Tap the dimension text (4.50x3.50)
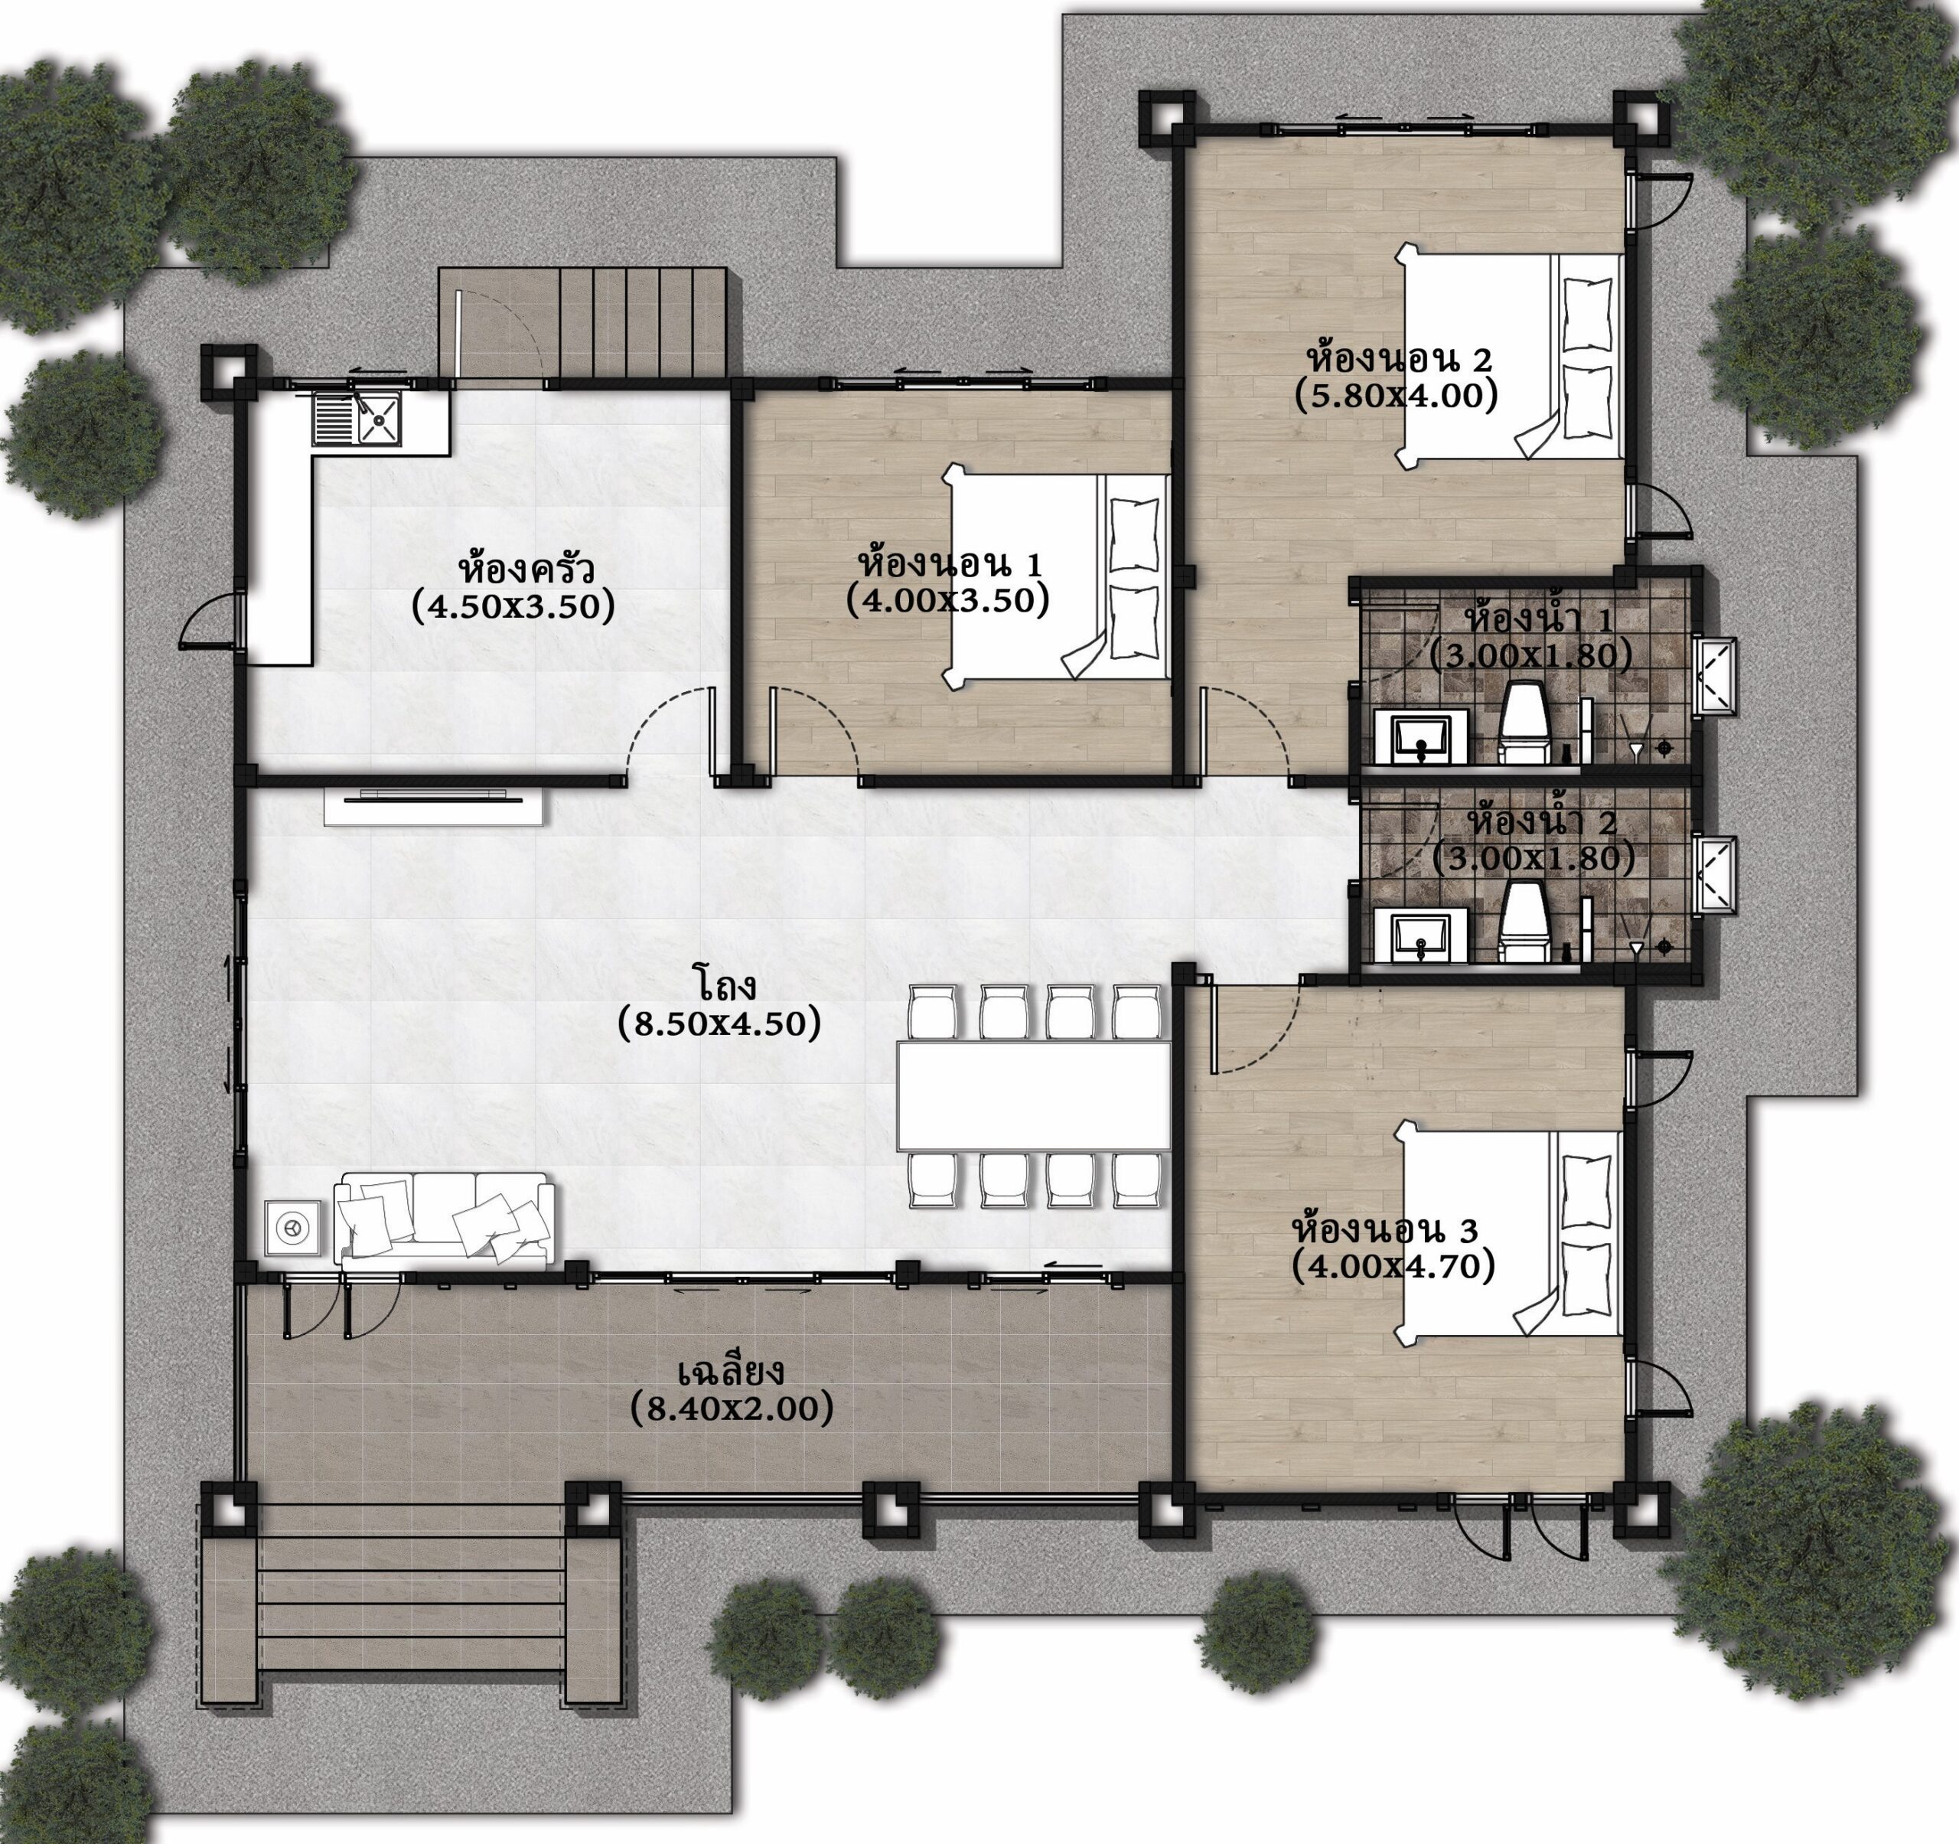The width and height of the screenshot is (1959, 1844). pyautogui.click(x=513, y=605)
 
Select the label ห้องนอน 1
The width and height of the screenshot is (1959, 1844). pyautogui.click(x=950, y=565)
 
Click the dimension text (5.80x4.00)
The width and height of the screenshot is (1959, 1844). pyautogui.click(x=1397, y=395)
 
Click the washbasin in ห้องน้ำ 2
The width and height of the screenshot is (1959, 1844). pyautogui.click(x=1421, y=935)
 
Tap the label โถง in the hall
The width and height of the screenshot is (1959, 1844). pyautogui.click(x=722, y=984)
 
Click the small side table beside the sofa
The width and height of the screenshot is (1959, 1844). pyautogui.click(x=292, y=1228)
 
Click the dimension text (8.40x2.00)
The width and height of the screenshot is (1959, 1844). pyautogui.click(x=731, y=1408)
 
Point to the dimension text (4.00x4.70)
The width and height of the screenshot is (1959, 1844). pyautogui.click(x=1393, y=1265)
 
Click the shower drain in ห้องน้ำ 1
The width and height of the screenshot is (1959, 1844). pyautogui.click(x=1665, y=749)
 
